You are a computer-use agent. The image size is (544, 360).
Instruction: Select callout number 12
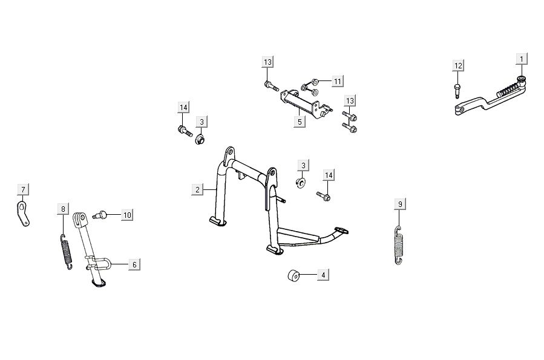point(458,65)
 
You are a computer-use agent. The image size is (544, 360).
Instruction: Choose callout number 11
point(337,81)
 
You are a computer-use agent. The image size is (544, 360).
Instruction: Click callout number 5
point(299,122)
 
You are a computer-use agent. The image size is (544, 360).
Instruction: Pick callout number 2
point(197,190)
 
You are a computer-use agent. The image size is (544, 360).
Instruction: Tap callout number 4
point(323,275)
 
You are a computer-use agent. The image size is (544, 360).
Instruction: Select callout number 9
point(399,203)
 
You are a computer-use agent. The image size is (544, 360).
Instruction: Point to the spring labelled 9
point(398,244)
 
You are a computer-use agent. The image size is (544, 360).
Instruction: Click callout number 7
point(22,190)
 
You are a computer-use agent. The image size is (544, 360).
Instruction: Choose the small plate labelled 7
point(23,214)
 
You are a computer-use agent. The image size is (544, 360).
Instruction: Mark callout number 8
point(63,209)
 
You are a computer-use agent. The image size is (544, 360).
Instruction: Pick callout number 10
point(126,215)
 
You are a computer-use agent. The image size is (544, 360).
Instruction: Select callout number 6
point(135,264)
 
